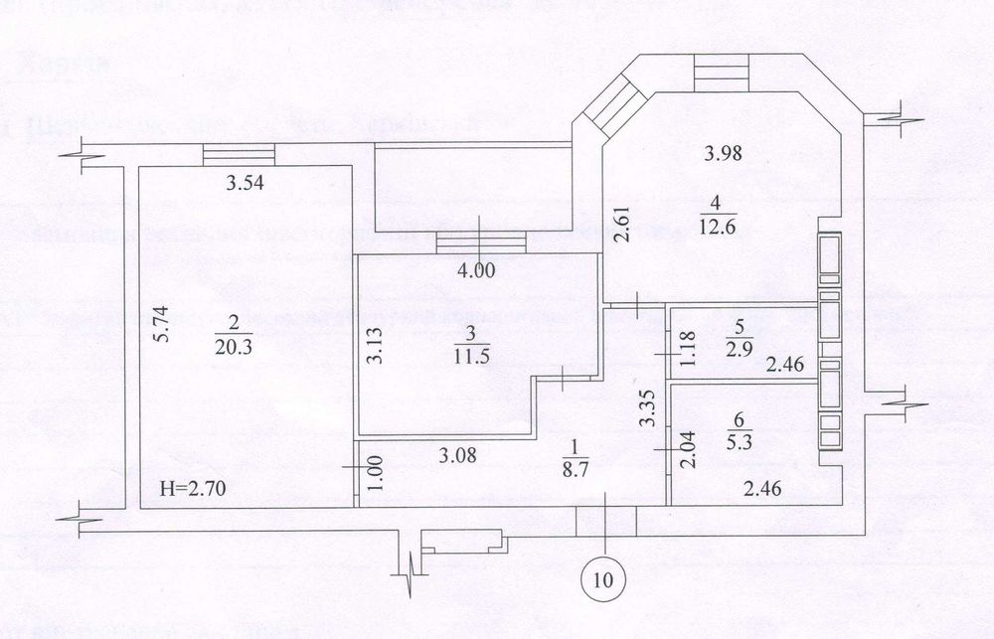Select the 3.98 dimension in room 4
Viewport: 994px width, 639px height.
pyautogui.click(x=724, y=153)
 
